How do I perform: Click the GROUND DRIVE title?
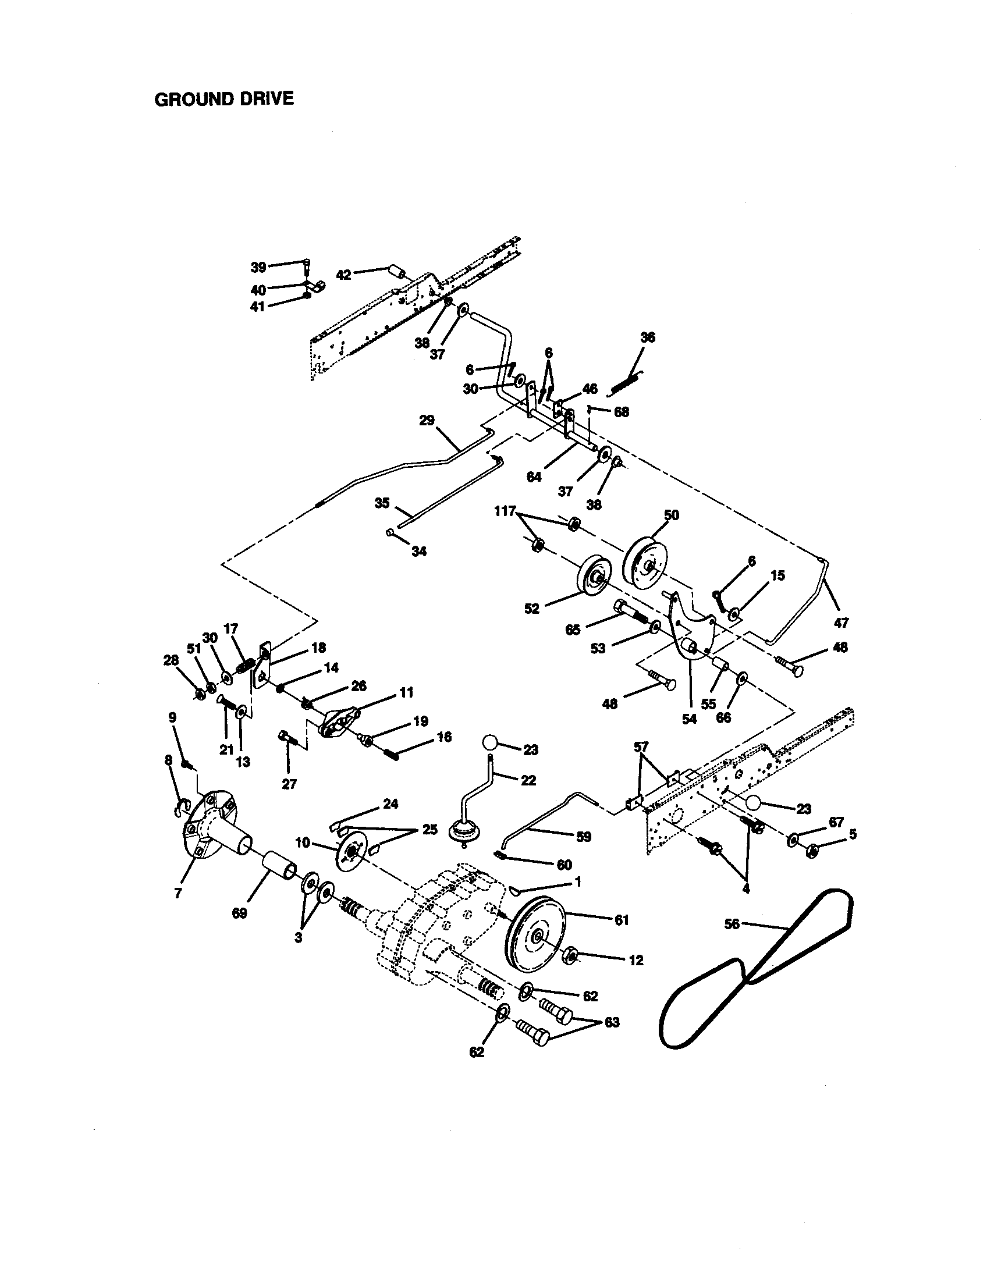click(223, 98)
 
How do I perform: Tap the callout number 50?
click(671, 514)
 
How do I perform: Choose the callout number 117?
click(504, 511)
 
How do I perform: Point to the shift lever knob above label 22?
click(490, 743)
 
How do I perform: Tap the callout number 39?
click(258, 267)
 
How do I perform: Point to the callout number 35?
click(382, 503)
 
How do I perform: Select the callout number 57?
click(641, 746)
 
